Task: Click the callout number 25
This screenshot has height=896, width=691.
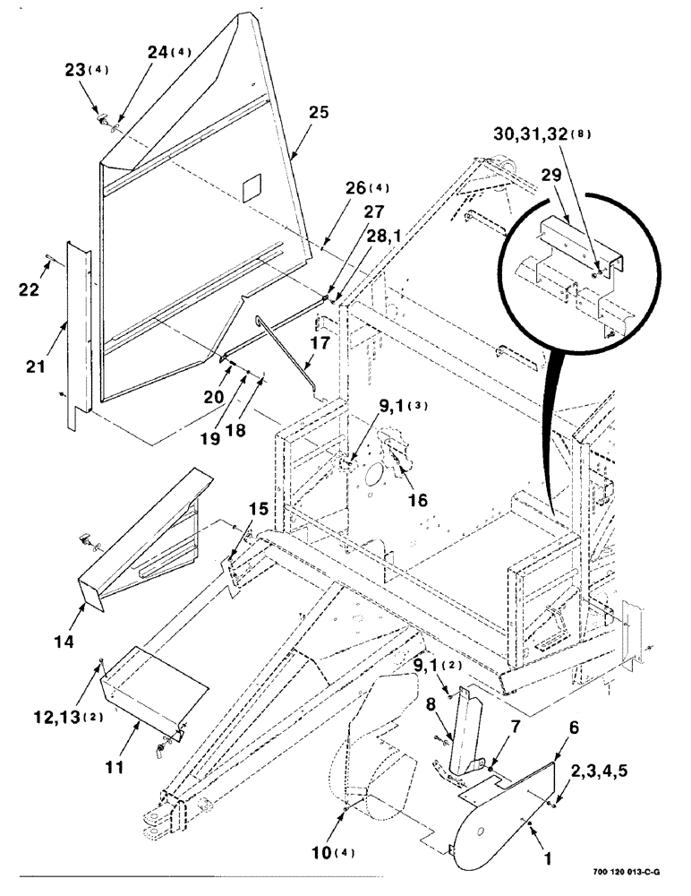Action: tap(319, 113)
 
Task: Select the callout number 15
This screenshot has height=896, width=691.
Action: tap(259, 510)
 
